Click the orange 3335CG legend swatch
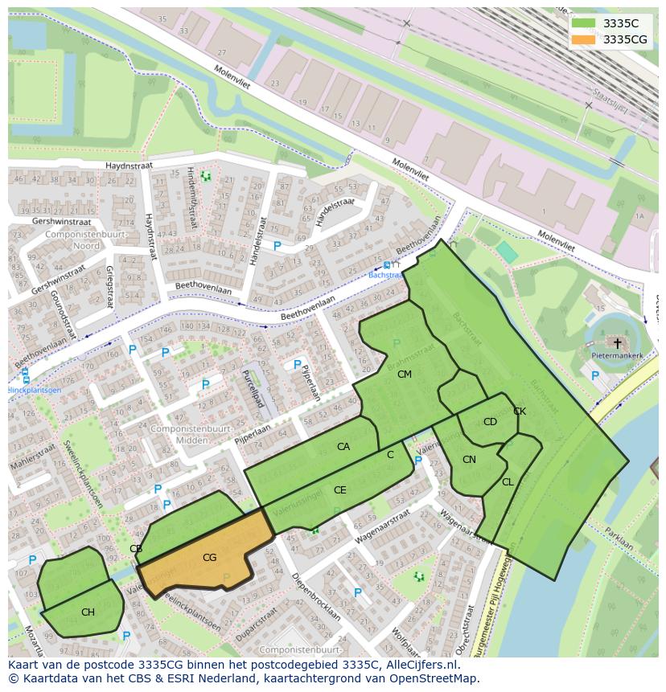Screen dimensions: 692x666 point(585,39)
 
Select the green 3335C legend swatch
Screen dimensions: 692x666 point(585,23)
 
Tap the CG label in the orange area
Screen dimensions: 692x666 point(209,557)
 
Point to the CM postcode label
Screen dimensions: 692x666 point(404,374)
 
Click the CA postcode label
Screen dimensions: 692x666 point(343,447)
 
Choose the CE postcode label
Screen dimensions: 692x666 point(339,489)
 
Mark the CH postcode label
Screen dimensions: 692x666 point(88,612)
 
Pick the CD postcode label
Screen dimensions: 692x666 point(490,422)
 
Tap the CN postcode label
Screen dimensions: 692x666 point(469,460)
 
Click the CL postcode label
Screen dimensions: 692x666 point(508,482)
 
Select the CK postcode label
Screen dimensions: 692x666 point(520,412)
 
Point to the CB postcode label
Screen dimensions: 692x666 point(136,549)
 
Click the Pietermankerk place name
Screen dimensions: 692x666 point(617,354)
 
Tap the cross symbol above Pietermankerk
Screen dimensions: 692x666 point(617,342)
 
